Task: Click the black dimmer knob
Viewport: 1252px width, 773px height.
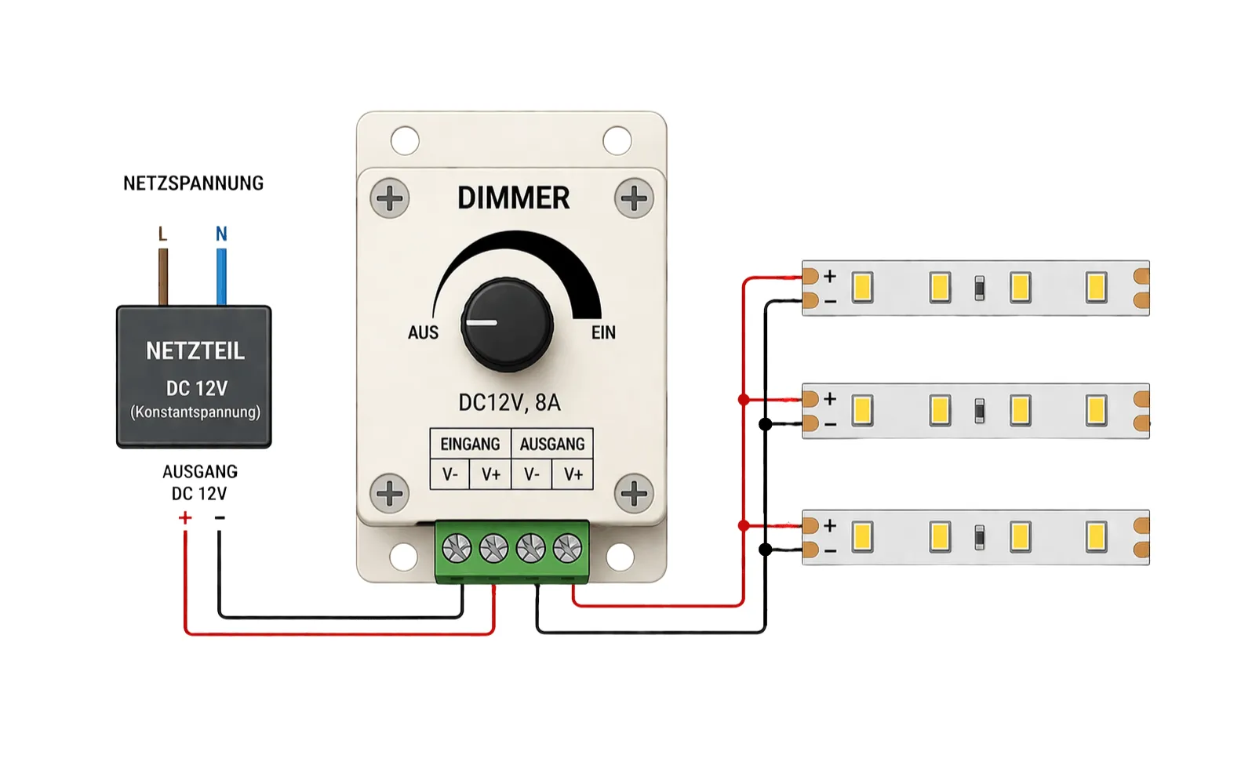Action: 507,324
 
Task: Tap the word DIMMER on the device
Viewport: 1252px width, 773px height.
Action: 513,198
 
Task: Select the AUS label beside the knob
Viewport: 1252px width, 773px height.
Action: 423,332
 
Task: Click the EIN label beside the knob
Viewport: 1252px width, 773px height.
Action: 603,332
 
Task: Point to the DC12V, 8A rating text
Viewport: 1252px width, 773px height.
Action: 509,403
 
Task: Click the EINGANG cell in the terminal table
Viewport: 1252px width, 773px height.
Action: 470,445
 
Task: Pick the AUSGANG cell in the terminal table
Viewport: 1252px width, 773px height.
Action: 552,445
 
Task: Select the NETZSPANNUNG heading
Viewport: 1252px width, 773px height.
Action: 193,183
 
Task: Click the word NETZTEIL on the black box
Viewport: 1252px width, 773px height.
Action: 195,351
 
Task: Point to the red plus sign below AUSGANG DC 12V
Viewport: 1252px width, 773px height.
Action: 185,517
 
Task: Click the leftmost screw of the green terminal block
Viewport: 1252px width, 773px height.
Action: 457,548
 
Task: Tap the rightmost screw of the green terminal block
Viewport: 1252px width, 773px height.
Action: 567,548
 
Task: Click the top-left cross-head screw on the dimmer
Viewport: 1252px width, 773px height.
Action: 390,198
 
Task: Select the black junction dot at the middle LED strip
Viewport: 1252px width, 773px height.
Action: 766,424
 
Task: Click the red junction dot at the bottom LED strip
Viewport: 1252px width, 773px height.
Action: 744,525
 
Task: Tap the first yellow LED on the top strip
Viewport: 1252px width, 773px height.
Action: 862,287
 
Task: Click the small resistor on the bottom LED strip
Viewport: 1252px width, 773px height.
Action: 979,538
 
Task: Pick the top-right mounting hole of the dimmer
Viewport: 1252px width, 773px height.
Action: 617,141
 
